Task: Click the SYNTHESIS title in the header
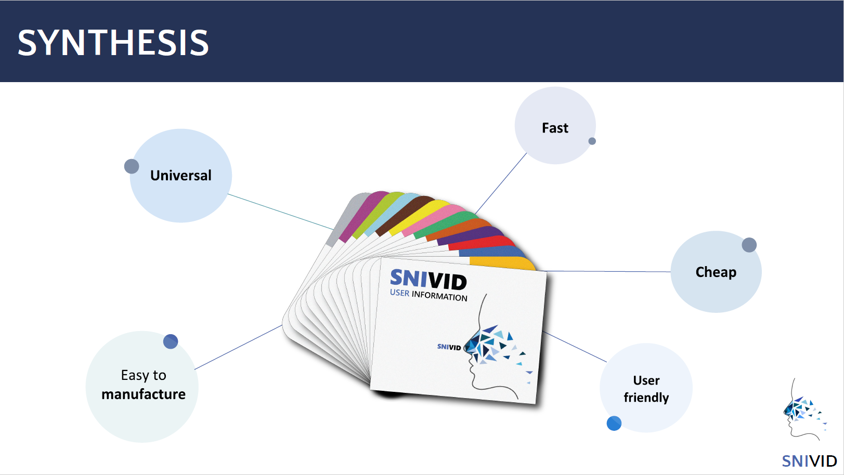tap(113, 43)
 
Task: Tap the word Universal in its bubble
tap(181, 176)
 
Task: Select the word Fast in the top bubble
tap(555, 128)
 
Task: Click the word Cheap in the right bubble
tap(716, 272)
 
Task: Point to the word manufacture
tap(144, 394)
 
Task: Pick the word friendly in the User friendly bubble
tap(646, 398)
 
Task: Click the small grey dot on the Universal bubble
tap(132, 166)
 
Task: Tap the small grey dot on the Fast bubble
tap(592, 141)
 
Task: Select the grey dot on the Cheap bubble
tap(749, 245)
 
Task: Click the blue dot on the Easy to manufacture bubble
tap(170, 341)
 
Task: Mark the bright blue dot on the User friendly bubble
tap(614, 423)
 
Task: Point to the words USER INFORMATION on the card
tap(429, 295)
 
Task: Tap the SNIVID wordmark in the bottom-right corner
tap(809, 461)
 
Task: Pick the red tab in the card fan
tap(482, 243)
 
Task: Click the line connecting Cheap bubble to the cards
tap(608, 271)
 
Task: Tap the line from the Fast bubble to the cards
tap(501, 183)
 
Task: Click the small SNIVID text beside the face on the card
tap(449, 347)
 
